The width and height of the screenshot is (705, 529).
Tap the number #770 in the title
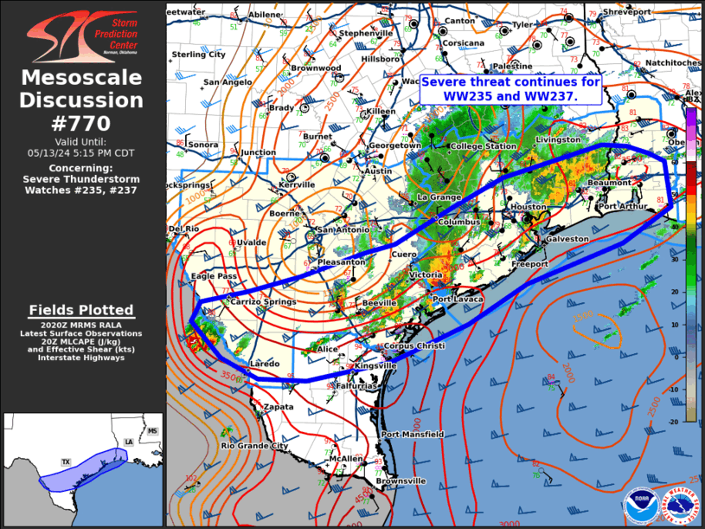[82, 122]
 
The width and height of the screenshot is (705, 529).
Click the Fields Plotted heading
[82, 310]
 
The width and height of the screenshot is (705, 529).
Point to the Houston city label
[529, 207]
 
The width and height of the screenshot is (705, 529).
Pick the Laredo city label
[264, 364]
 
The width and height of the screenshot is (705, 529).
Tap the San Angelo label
[228, 82]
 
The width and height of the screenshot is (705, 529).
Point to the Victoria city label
[426, 275]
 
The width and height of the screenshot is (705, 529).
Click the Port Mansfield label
[413, 434]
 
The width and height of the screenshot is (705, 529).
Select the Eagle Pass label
[214, 276]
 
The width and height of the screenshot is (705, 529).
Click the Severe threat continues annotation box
[510, 89]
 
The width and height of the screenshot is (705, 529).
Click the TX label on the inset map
[65, 462]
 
